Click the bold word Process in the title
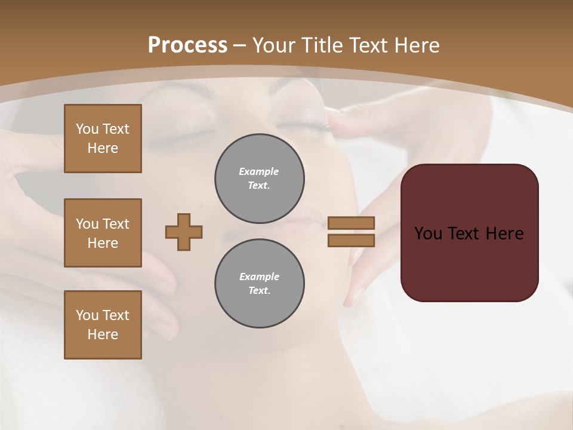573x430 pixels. click(187, 45)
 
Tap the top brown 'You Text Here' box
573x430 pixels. click(103, 139)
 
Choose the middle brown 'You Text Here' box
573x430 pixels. click(103, 233)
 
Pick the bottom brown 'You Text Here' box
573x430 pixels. click(103, 325)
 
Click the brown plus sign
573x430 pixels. click(184, 232)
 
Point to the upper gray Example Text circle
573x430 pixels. click(260, 179)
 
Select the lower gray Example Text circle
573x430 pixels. click(260, 284)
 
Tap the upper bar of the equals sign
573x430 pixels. click(352, 223)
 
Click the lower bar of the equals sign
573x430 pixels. click(352, 241)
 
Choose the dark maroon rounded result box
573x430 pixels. click(470, 232)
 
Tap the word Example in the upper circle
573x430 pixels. click(259, 172)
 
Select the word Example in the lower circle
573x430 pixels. click(259, 277)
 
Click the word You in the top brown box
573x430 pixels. click(87, 129)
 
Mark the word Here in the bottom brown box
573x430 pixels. click(103, 334)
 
